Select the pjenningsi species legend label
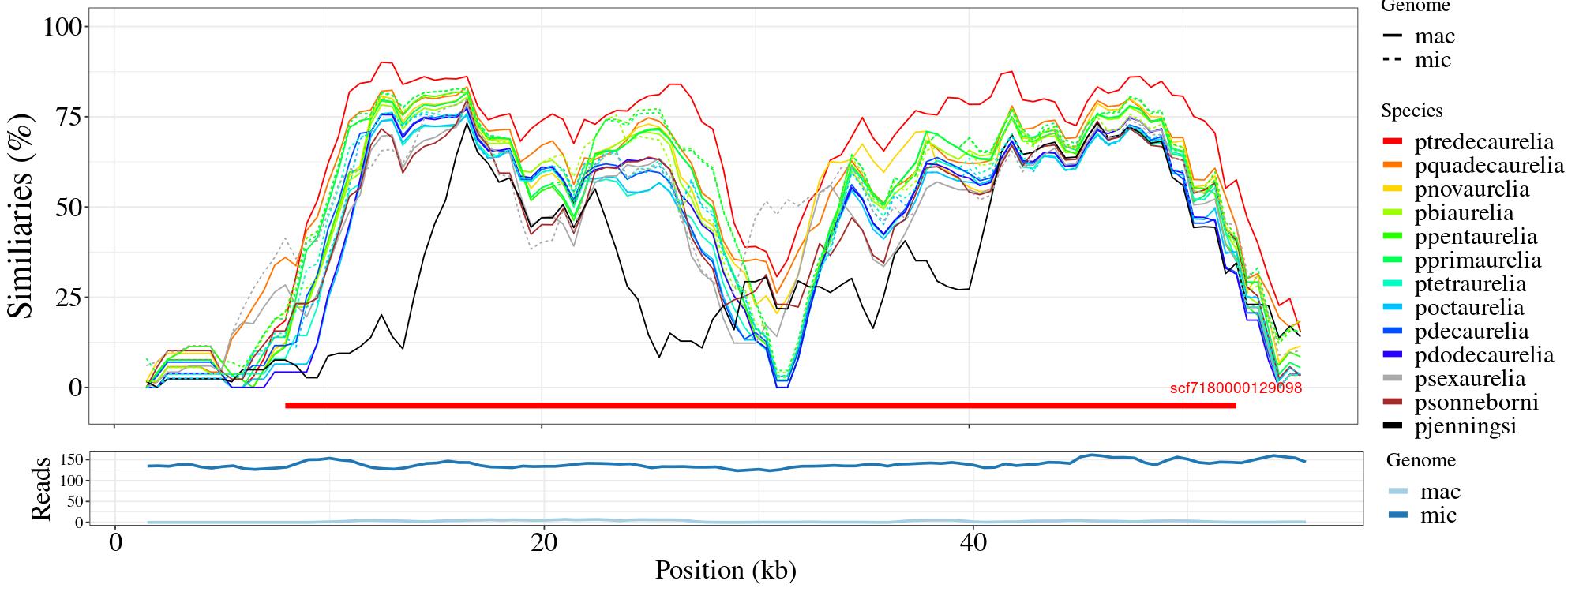click(x=1465, y=426)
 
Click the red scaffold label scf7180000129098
click(x=1236, y=388)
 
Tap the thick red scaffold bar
click(x=760, y=406)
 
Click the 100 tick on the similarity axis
click(x=62, y=27)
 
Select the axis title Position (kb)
click(x=725, y=570)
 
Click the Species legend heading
click(x=1412, y=111)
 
